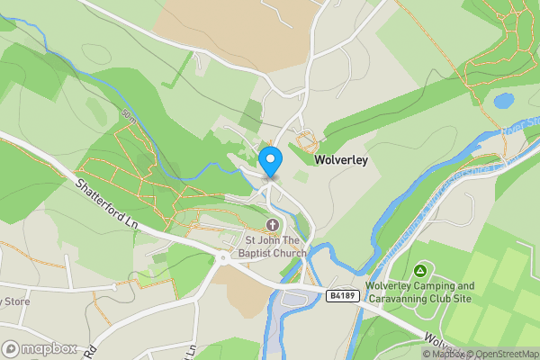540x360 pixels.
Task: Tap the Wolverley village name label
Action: click(340, 160)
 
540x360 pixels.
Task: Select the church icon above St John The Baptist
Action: click(273, 225)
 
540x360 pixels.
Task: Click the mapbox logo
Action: click(39, 348)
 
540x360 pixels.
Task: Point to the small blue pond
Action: click(503, 101)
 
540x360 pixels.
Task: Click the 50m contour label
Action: click(128, 116)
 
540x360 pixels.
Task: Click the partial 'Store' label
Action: click(15, 301)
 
